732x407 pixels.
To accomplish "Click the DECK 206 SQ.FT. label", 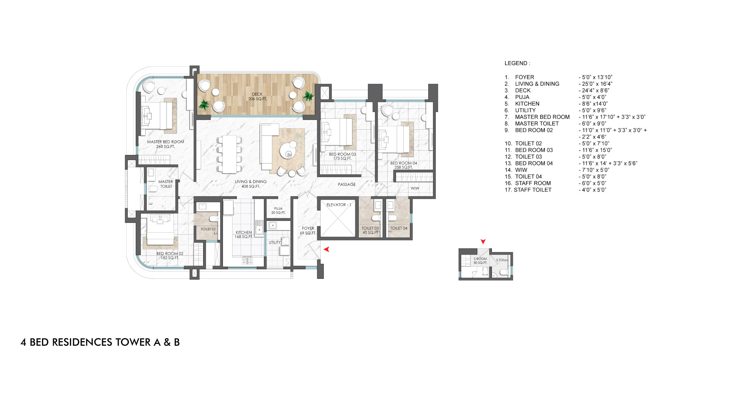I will pyautogui.click(x=257, y=97).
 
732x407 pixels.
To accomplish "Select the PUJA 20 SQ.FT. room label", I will pyautogui.click(x=278, y=211).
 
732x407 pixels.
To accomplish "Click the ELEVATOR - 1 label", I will pyautogui.click(x=339, y=205).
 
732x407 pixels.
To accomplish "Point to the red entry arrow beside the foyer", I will pyautogui.click(x=326, y=249).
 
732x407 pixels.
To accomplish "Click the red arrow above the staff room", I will pyautogui.click(x=483, y=241).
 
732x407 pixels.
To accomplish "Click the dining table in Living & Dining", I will pyautogui.click(x=229, y=154).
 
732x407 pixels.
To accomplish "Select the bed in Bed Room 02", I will pyautogui.click(x=160, y=230).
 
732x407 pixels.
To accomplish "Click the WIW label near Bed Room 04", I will pyautogui.click(x=415, y=188).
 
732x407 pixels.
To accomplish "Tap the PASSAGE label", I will pyautogui.click(x=347, y=184).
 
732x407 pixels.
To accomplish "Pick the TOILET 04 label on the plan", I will pyautogui.click(x=399, y=228).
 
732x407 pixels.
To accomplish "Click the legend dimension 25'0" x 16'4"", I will pyautogui.click(x=597, y=84).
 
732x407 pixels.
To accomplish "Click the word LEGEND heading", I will pyautogui.click(x=517, y=63).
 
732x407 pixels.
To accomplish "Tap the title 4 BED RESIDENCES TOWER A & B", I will pyautogui.click(x=100, y=342).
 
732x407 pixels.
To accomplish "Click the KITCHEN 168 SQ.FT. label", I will pyautogui.click(x=244, y=234).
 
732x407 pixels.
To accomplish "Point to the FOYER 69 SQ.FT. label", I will pyautogui.click(x=308, y=230).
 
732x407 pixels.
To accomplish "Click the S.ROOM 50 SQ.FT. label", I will pyautogui.click(x=480, y=261).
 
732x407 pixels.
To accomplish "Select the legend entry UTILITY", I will pyautogui.click(x=525, y=110).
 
